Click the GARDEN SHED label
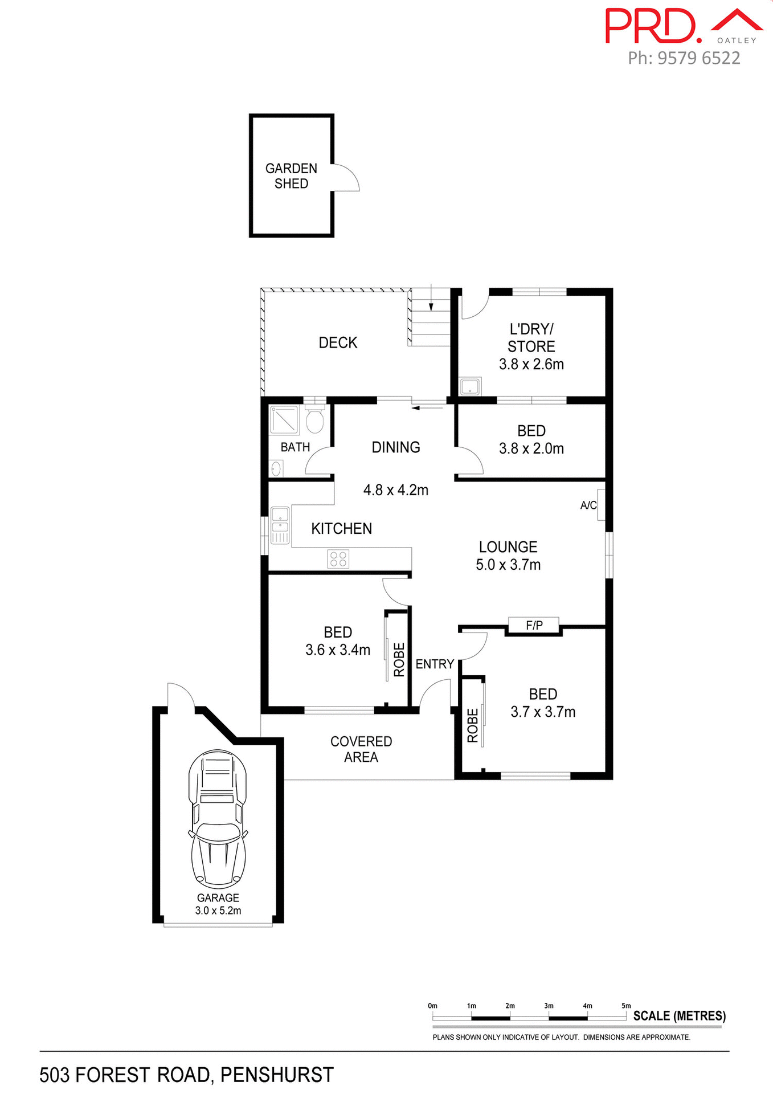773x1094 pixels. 291,175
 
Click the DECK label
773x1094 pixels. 338,342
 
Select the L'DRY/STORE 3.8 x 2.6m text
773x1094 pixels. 531,346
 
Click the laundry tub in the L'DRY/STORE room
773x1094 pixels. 471,386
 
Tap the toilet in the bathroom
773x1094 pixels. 314,420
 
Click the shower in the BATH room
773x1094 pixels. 284,419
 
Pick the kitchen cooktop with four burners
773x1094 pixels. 338,558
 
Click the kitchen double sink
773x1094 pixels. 280,525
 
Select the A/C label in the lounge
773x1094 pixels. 588,505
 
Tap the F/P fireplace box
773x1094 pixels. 534,625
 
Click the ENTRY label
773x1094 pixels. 435,664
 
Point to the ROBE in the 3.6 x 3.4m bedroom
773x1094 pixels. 399,659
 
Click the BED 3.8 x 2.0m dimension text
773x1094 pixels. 531,448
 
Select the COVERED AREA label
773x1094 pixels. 361,749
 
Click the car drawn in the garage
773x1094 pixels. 218,819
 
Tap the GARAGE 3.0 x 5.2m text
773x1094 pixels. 218,904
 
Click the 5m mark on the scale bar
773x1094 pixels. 626,1006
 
